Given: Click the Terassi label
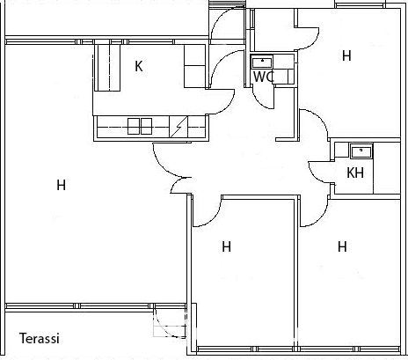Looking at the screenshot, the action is pos(40,338).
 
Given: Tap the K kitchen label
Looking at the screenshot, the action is pos(139,66).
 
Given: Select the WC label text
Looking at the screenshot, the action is pos(264,77).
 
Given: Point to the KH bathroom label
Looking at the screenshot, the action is pos(355,173).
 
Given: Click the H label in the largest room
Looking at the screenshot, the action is pos(61,185).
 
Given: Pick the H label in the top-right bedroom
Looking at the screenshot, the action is pos(346,55).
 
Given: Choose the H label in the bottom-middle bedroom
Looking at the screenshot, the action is pos(226,246).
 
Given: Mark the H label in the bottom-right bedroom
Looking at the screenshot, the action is pos(342,246).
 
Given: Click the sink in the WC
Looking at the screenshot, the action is pos(262,62).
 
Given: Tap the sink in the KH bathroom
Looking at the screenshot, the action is pos(361,151).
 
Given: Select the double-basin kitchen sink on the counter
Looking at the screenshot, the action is pos(140,126).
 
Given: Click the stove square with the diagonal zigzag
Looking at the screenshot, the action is pos(178,126).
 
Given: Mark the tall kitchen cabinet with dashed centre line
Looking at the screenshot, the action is pos(107,68).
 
